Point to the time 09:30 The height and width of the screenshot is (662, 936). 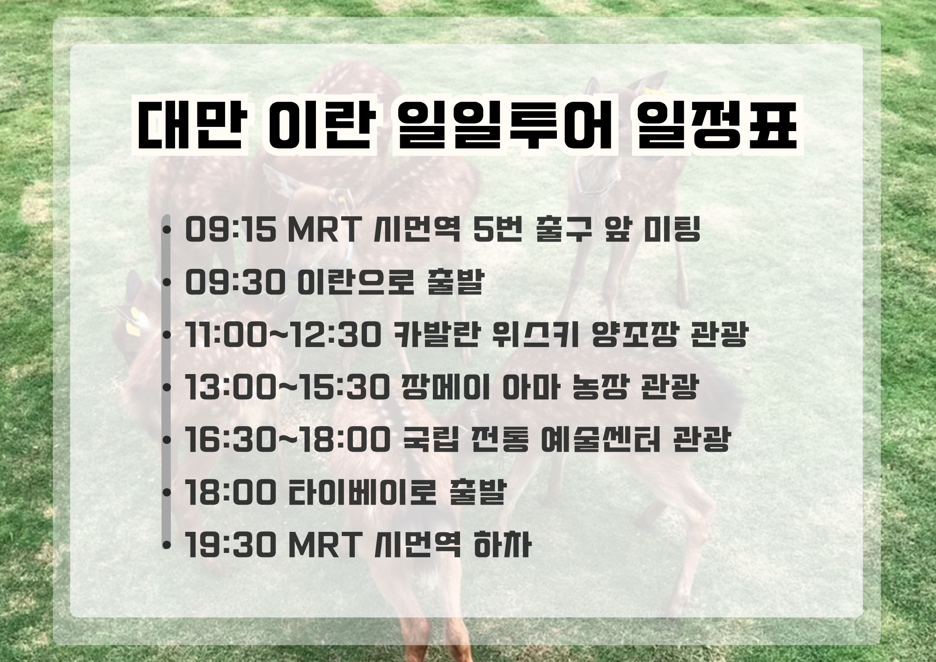(x=235, y=282)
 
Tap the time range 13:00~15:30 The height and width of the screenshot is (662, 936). (x=287, y=388)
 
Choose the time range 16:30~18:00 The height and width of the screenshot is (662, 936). (x=287, y=440)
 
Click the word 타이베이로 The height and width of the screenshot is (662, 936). (x=362, y=492)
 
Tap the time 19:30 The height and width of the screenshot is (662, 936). (x=231, y=545)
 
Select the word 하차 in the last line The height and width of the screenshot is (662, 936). (x=503, y=544)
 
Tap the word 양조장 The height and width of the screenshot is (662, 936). (x=635, y=335)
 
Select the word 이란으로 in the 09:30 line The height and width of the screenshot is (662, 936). (x=356, y=282)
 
